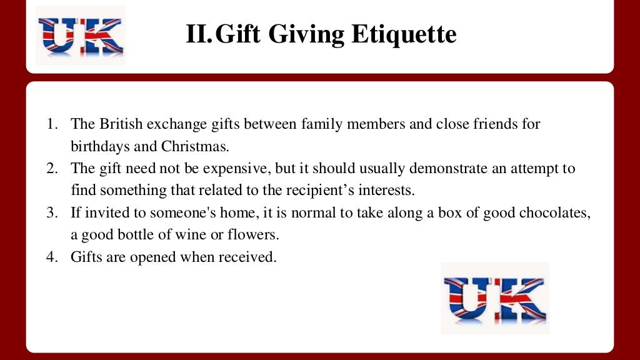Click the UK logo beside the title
click(x=81, y=35)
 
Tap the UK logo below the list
click(x=494, y=298)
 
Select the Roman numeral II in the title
click(x=199, y=34)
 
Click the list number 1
click(x=52, y=124)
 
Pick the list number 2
click(x=52, y=169)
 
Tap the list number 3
click(x=52, y=213)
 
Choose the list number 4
click(x=52, y=257)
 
